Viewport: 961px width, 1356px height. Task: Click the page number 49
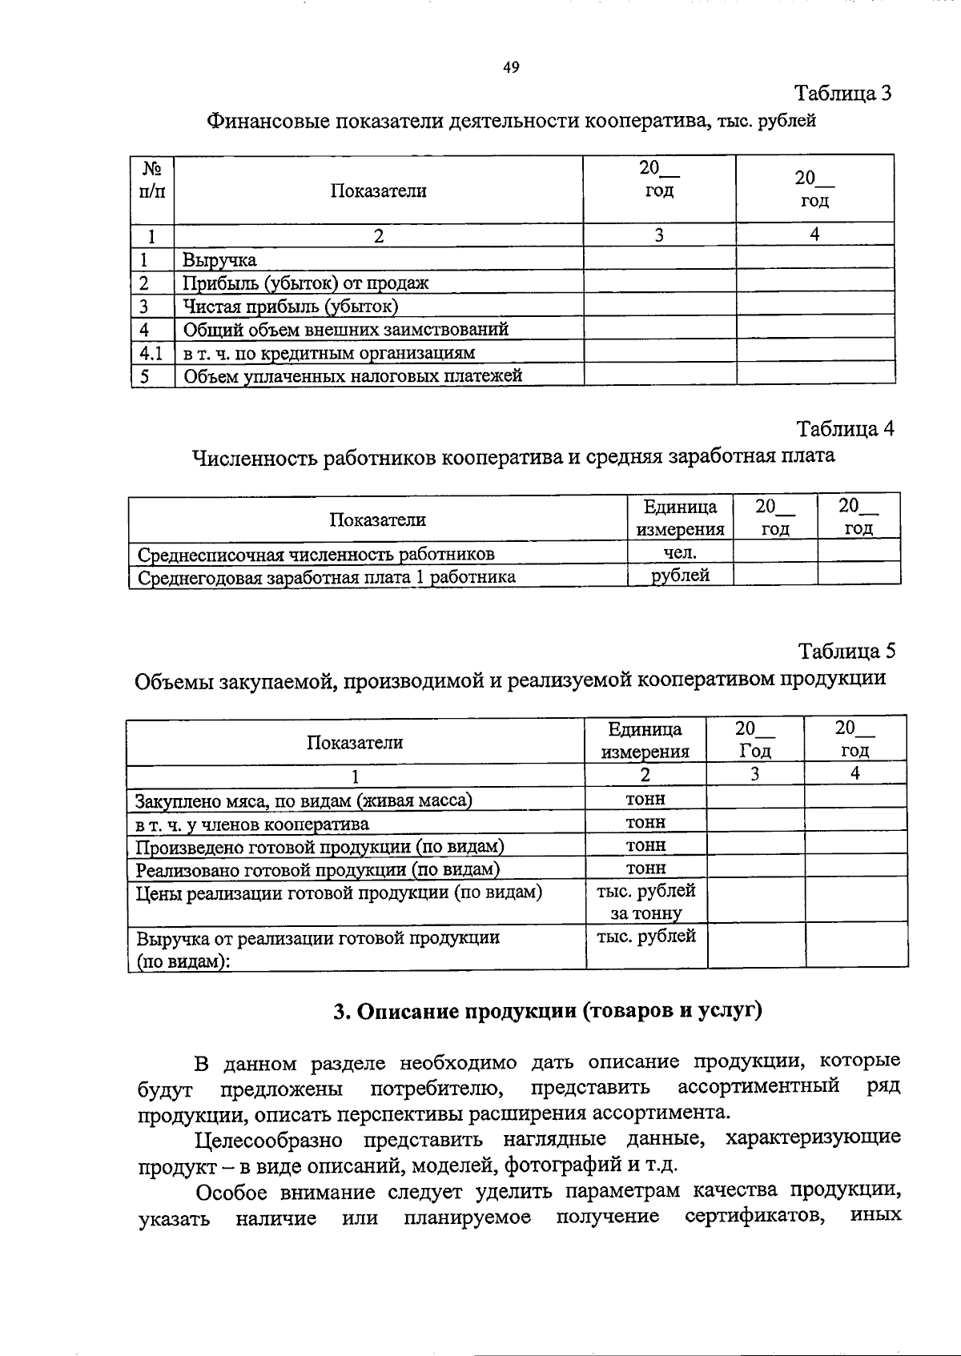coord(511,68)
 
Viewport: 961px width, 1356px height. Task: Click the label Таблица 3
coord(842,94)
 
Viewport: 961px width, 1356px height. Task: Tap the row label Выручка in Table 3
coord(219,260)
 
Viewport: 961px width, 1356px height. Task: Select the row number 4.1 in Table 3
coord(151,352)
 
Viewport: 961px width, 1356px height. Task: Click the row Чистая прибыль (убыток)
coord(290,307)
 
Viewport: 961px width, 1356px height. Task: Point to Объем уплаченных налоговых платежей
coord(352,375)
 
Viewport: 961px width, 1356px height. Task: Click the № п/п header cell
coord(152,181)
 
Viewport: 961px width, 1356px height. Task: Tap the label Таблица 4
coord(845,429)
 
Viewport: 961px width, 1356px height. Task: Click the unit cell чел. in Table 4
coord(680,552)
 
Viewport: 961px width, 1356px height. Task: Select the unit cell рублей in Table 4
coord(680,575)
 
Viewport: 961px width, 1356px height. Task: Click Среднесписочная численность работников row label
coord(316,554)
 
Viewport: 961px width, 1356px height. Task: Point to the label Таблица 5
coord(846,651)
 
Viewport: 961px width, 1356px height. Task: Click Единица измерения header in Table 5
coord(645,740)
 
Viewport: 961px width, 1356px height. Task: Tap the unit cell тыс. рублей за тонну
coord(645,902)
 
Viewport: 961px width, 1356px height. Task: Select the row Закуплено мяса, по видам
coord(304,800)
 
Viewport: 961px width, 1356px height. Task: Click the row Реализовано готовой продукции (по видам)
coord(317,870)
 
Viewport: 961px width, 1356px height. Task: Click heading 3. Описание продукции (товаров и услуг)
coord(548,1012)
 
